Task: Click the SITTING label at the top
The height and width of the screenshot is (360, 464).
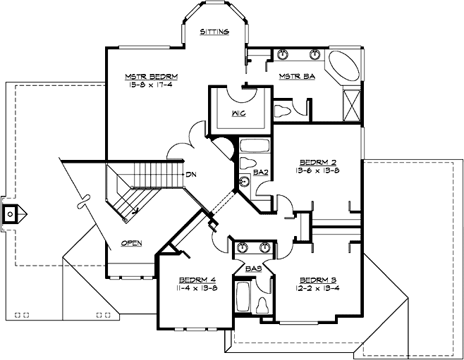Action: [214, 32]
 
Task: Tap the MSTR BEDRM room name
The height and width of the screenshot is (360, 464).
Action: [151, 76]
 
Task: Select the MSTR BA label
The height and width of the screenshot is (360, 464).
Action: [297, 76]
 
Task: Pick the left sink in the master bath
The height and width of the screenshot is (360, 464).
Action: [283, 54]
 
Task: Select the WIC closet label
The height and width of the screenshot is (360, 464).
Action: [238, 113]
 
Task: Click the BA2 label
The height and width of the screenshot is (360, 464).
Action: [260, 171]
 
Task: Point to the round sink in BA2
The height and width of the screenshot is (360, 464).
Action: [245, 182]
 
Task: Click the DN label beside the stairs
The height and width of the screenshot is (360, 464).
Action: [191, 173]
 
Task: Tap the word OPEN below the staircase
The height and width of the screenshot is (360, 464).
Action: [131, 243]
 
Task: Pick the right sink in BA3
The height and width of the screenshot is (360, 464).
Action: [266, 247]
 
